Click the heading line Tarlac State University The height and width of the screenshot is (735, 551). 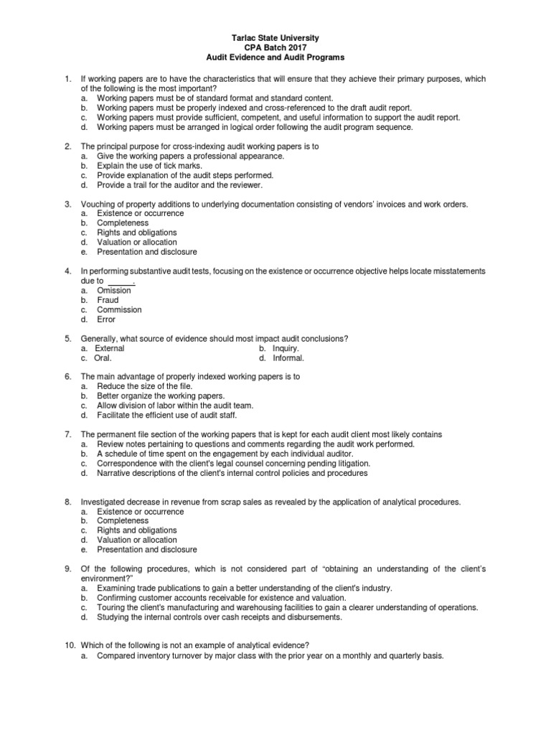(275, 37)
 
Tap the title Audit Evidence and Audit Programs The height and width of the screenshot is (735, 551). (275, 56)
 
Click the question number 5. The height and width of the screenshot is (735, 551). (67, 338)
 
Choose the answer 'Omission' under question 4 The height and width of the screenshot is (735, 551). (114, 291)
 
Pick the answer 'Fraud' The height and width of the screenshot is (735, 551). (109, 300)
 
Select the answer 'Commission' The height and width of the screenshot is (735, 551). (119, 310)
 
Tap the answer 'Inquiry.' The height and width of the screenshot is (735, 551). (284, 348)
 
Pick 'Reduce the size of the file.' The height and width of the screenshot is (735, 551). (145, 386)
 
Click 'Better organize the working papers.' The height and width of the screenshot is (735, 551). (161, 395)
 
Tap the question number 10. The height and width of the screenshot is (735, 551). (70, 645)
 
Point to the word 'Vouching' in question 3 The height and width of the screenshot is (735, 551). (98, 205)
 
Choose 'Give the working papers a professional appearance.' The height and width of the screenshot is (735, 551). (190, 156)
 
